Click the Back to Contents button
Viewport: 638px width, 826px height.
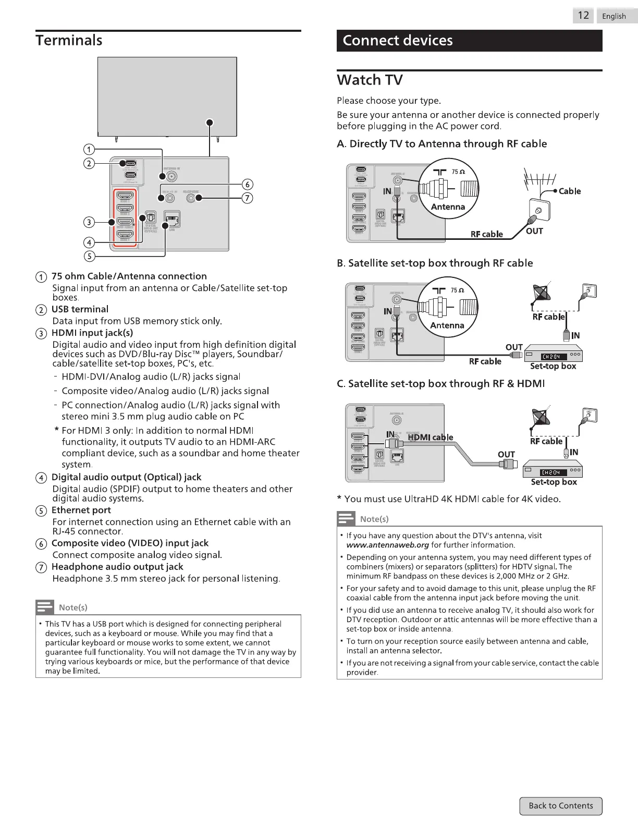pos(560,806)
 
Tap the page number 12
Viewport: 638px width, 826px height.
pos(583,16)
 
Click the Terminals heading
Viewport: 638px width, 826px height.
pos(69,40)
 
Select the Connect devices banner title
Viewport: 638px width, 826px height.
pos(398,41)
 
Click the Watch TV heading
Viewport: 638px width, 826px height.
pos(370,80)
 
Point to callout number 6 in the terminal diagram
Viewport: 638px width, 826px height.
pos(248,185)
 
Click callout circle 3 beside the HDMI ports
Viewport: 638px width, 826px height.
pos(89,222)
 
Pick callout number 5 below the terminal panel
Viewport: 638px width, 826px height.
pos(89,256)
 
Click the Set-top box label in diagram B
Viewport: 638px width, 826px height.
pos(553,366)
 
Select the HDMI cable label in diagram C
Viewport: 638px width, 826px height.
pos(431,437)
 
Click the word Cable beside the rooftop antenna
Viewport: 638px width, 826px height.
pos(569,191)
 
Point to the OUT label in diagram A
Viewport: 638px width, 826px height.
pos(534,231)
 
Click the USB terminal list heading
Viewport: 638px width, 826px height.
pos(80,309)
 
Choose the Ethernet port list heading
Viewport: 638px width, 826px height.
pos(81,510)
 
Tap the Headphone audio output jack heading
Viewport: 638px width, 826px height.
pos(117,567)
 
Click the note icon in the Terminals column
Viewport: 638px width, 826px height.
pos(45,607)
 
